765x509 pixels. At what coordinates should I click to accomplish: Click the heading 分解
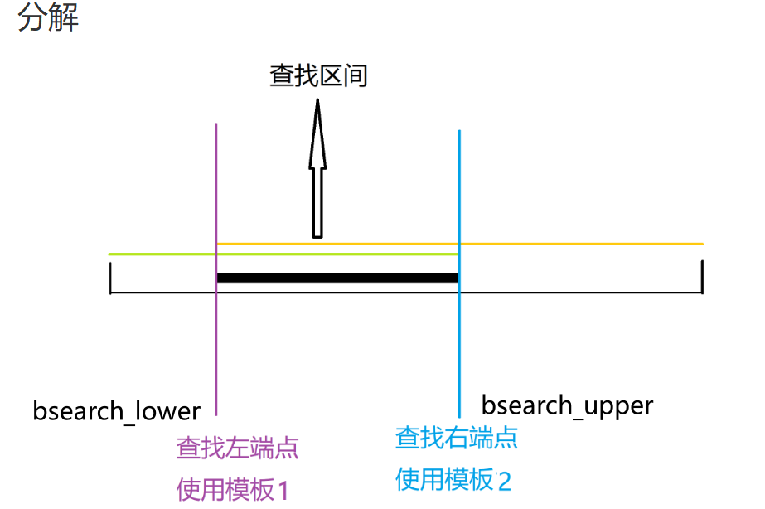click(48, 18)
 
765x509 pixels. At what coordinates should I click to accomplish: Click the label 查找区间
click(318, 76)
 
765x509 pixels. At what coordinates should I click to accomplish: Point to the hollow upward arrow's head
click(317, 133)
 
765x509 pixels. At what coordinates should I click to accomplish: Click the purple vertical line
click(215, 332)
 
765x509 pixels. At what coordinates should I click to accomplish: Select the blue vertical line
click(458, 348)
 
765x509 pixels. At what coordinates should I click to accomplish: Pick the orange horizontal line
click(580, 244)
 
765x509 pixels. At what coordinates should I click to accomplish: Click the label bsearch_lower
click(117, 411)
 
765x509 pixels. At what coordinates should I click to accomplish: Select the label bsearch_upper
click(567, 406)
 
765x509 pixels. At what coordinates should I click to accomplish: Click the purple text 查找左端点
click(237, 449)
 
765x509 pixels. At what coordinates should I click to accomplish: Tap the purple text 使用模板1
click(232, 490)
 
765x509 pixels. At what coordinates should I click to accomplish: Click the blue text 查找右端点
click(457, 438)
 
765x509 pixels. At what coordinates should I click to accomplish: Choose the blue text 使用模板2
click(453, 479)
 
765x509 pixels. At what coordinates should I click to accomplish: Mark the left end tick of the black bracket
click(110, 278)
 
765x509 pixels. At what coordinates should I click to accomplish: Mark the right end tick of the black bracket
click(702, 277)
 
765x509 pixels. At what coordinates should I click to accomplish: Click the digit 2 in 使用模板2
click(505, 480)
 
